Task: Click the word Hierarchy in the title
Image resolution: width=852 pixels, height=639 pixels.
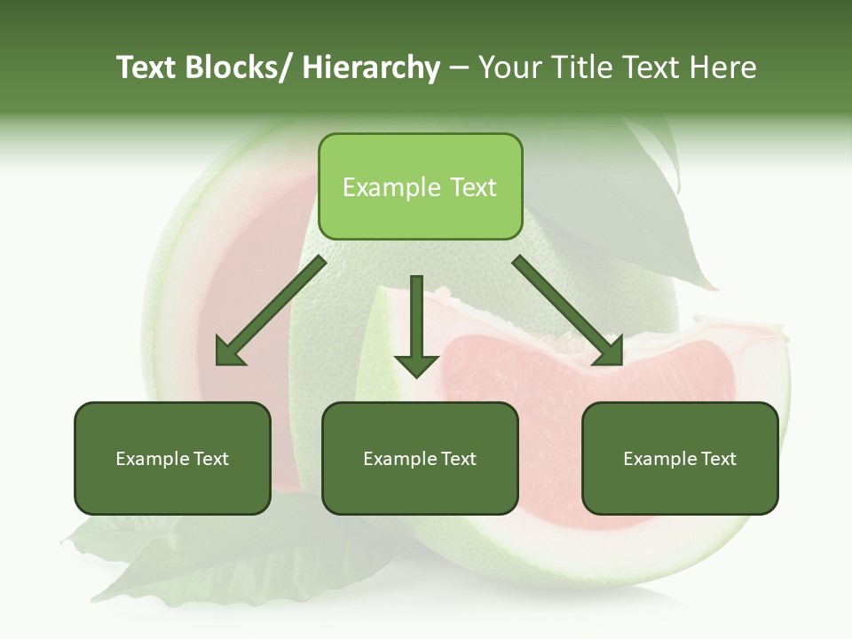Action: coord(371,67)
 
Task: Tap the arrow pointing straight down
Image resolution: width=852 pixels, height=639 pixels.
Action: coord(416,319)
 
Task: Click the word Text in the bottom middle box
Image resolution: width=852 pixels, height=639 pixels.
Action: coord(456,459)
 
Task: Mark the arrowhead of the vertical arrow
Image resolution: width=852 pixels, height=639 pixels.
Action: coord(416,364)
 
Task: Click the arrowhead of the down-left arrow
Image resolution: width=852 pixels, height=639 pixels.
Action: coord(229,351)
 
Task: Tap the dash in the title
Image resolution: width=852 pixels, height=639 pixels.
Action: coord(458,67)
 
